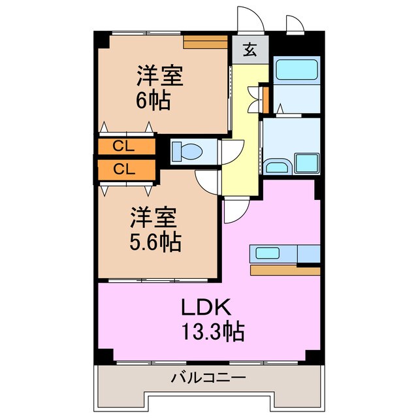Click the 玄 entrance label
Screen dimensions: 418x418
pos(250,50)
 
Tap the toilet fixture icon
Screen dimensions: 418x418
pos(187,152)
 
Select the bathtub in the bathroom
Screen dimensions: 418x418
pos(295,69)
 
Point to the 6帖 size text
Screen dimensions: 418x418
pos(154,101)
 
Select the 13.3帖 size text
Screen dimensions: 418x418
pos(211,332)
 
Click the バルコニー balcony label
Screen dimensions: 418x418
pos(208,378)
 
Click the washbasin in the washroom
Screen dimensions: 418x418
pos(277,167)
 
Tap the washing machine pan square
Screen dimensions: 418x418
pos(306,163)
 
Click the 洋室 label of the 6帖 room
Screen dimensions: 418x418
pos(159,76)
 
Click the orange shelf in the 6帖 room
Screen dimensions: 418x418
pos(204,43)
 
